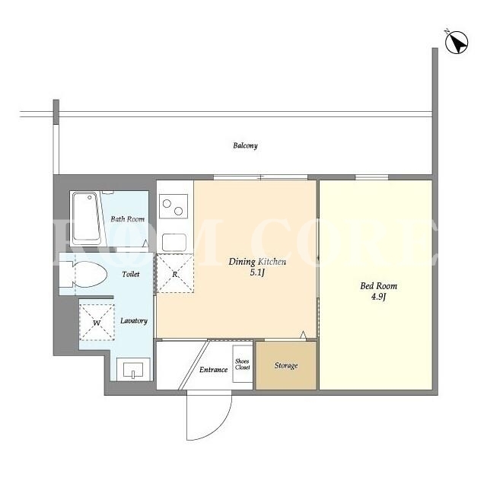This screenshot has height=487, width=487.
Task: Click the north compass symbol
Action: (x=456, y=42)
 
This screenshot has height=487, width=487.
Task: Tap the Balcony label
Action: (x=245, y=145)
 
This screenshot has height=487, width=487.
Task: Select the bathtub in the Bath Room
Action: (x=87, y=218)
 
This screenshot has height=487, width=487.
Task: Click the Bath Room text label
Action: (x=128, y=219)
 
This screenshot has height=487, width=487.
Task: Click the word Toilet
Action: (x=131, y=274)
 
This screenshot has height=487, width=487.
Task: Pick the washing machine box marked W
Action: (x=97, y=323)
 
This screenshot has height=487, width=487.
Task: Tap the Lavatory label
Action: (x=134, y=320)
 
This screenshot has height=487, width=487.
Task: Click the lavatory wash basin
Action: (x=134, y=369)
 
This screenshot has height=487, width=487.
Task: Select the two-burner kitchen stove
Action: (x=173, y=206)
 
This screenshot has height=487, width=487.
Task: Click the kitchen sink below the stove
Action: (x=174, y=242)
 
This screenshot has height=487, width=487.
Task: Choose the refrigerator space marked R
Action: (x=175, y=274)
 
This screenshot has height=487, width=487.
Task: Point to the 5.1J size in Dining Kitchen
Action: (x=257, y=272)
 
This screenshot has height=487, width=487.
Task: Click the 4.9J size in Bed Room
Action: (x=378, y=297)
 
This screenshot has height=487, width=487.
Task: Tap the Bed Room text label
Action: (x=379, y=286)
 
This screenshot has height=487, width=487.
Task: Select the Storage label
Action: (x=286, y=365)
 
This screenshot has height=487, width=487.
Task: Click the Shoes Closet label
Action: (x=242, y=364)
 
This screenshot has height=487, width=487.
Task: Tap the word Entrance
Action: (x=213, y=370)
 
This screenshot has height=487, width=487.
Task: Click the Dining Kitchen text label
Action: (x=257, y=262)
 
